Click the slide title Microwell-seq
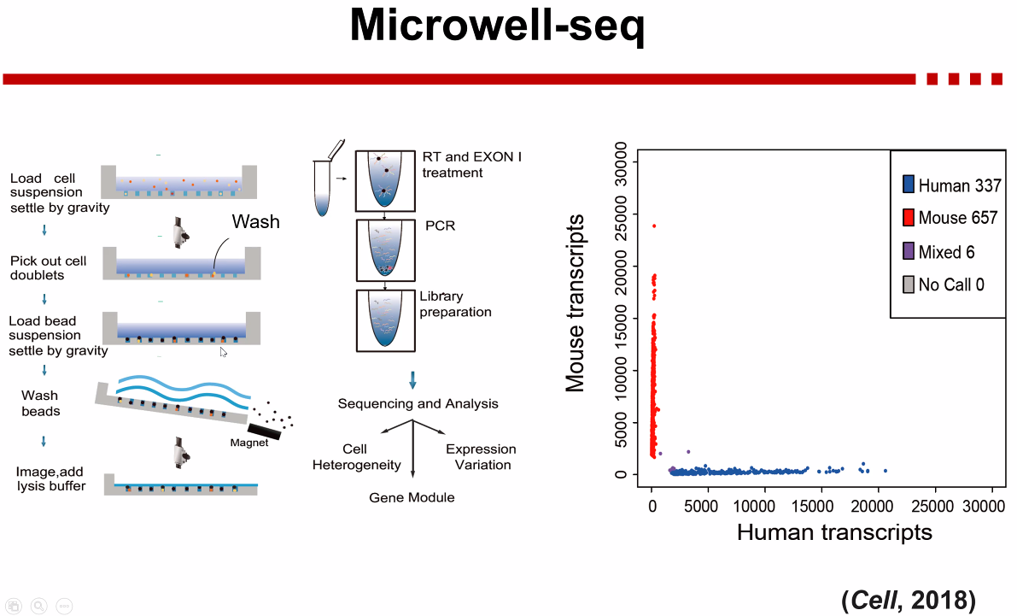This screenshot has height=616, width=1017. coord(497,27)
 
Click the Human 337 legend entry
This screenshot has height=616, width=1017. coord(951,185)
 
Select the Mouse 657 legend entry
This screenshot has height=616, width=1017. coord(950,218)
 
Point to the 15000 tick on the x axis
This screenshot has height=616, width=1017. coord(821,506)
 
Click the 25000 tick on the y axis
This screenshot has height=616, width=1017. coord(625,213)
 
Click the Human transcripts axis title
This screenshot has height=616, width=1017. coord(833,532)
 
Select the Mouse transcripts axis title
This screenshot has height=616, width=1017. coord(576,302)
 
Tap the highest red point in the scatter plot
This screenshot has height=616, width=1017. coord(654,226)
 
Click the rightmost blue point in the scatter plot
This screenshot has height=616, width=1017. coord(885,471)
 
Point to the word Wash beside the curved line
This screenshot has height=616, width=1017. coord(256,222)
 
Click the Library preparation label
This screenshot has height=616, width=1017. coord(455,304)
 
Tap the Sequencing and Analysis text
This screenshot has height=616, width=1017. coord(418,403)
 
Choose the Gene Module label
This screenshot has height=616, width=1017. coord(412,497)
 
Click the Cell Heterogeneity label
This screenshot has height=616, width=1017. coord(356,457)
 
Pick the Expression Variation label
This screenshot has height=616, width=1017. coord(481,457)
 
